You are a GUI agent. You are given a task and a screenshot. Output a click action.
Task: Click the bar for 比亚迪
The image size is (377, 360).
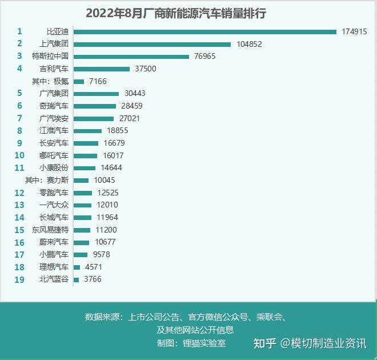coord(205,31)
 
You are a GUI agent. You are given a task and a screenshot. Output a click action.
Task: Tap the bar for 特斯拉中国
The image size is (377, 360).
coord(131,57)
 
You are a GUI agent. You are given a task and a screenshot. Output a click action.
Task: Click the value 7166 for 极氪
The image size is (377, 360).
coord(97,82)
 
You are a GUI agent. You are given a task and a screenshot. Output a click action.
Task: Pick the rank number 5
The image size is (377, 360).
coord(19,93)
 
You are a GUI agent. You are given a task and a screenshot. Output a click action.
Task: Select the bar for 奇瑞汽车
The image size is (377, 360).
coord(95,106)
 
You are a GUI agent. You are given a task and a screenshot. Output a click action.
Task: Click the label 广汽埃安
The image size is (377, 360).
coord(54,118)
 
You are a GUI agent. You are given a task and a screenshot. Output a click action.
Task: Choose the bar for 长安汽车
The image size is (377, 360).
coord(86,143)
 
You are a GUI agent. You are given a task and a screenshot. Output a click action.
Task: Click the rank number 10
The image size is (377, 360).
coord(19,155)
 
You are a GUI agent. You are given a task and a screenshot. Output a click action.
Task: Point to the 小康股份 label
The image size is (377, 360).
coord(54,168)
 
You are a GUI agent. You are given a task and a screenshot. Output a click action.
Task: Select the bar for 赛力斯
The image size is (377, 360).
coord(81,180)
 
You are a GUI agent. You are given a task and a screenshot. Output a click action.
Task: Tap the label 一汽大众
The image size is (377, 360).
coord(54,205)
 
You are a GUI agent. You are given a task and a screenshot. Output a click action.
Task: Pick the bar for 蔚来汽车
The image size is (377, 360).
coord(82,242)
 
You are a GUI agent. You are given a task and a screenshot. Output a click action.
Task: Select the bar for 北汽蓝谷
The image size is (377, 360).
coord(77,279)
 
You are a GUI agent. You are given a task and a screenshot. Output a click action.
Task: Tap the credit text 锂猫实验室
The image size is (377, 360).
coord(204,343)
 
